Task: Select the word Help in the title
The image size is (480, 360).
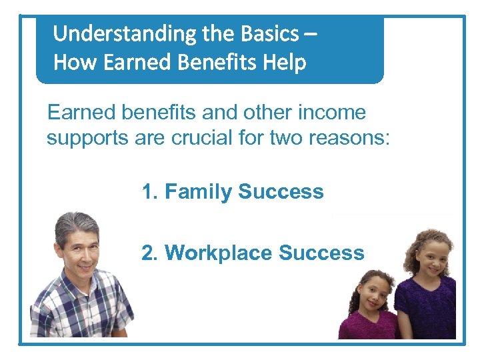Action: tap(284, 63)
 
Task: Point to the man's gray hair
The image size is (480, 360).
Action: tap(75, 223)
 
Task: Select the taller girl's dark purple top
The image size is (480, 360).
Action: tap(427, 310)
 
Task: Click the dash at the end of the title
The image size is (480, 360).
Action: tap(309, 33)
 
